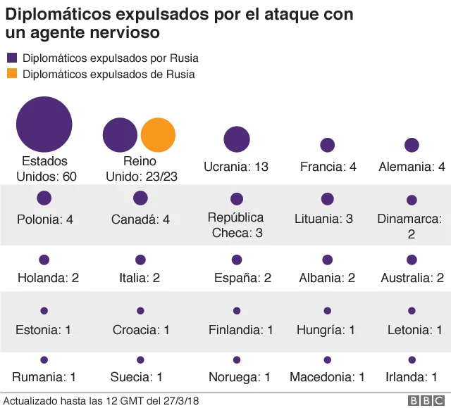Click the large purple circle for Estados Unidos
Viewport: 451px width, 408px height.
(x=44, y=125)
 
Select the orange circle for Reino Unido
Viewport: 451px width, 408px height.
(x=158, y=135)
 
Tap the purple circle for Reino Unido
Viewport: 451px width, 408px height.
(x=120, y=135)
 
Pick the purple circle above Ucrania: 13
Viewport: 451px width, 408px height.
(x=237, y=139)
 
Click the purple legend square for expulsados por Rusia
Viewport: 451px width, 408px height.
(x=12, y=58)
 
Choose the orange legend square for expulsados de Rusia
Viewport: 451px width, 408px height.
(x=12, y=74)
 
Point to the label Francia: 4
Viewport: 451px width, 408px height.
(x=328, y=167)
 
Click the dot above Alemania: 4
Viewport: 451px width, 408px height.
(x=412, y=145)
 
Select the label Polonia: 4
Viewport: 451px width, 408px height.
(x=45, y=219)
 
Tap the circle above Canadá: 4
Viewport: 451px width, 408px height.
(x=140, y=198)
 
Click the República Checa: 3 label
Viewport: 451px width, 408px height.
(x=236, y=224)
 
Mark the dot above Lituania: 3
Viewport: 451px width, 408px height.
(x=328, y=199)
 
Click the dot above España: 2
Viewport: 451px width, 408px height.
(x=237, y=260)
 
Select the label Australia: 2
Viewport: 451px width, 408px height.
(x=412, y=278)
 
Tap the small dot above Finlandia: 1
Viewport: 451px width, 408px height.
(x=237, y=310)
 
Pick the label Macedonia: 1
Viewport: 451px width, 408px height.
(x=327, y=377)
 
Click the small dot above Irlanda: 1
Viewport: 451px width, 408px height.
(x=412, y=359)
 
